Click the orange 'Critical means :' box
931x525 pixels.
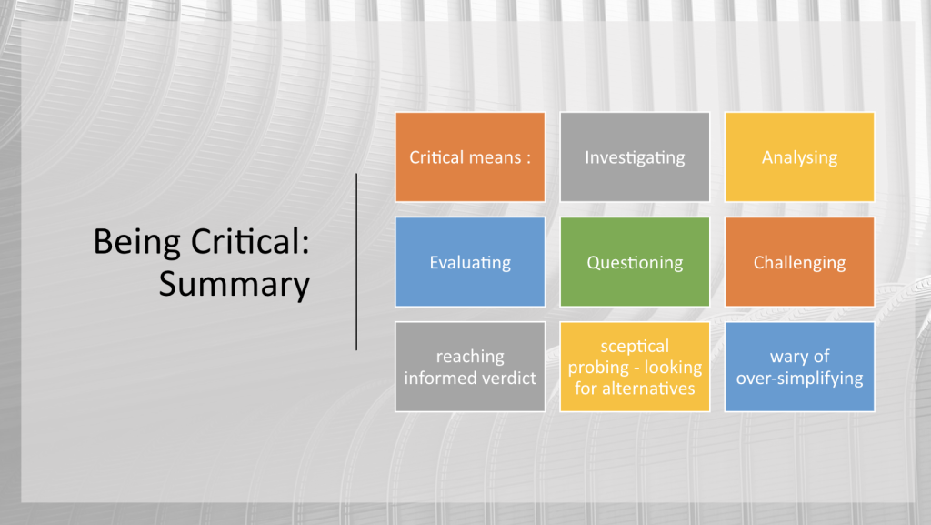click(470, 157)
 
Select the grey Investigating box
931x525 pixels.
click(635, 157)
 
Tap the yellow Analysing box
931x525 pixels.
click(799, 157)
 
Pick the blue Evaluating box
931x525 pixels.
click(470, 262)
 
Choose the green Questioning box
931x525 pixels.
click(635, 262)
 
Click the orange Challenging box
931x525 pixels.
click(799, 262)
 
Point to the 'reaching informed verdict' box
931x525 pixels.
click(470, 367)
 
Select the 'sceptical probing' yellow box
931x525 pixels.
click(635, 367)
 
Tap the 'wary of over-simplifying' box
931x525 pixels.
click(799, 367)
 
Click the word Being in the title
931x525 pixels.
click(137, 243)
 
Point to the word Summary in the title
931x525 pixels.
click(235, 285)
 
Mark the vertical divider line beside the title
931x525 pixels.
click(356, 262)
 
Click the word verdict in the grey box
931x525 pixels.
click(507, 378)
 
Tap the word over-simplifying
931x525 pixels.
click(800, 379)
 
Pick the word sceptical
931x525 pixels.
click(635, 347)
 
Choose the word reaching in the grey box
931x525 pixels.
click(470, 357)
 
